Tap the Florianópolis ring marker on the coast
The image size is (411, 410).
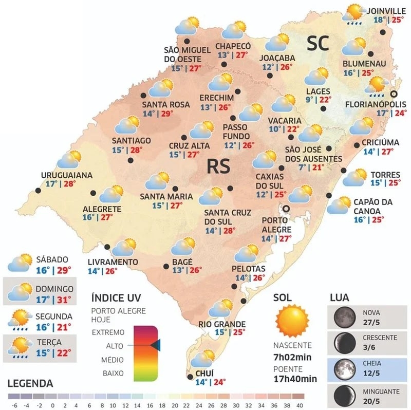[394, 94]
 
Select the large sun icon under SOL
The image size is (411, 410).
[290, 320]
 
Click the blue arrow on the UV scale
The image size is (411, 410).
[156, 346]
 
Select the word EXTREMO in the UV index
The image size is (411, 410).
[107, 332]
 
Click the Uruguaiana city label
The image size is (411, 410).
[67, 175]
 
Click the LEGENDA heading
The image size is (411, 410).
[30, 383]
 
